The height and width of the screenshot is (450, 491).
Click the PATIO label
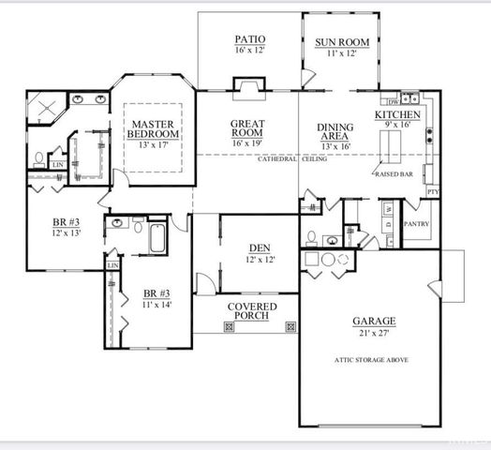click(249, 40)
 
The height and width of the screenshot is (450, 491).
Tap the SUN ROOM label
click(341, 43)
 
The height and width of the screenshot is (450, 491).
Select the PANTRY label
click(416, 225)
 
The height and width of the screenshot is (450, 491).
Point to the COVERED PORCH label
click(250, 310)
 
